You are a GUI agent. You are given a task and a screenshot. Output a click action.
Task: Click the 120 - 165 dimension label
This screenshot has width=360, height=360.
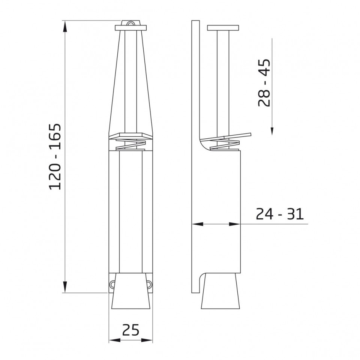[55, 157]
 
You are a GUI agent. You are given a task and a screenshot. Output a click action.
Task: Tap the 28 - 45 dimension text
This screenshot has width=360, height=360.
[264, 82]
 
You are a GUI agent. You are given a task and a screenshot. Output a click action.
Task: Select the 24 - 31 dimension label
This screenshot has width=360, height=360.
[280, 214]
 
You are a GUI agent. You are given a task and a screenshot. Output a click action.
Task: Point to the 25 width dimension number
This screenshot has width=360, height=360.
[130, 330]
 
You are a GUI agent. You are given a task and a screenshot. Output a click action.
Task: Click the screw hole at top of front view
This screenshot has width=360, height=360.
[130, 24]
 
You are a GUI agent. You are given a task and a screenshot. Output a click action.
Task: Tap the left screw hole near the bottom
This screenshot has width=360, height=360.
[112, 284]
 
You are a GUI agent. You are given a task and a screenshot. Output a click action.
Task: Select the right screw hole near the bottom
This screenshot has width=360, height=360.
[150, 284]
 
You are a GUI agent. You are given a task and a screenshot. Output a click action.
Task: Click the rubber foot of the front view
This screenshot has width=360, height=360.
[130, 291]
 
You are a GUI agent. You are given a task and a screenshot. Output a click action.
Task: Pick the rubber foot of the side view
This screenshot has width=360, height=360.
[220, 291]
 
